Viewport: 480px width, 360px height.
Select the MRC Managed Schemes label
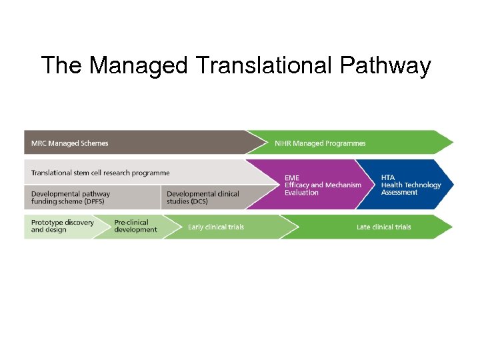(69, 143)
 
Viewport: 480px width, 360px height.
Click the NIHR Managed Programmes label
(320, 143)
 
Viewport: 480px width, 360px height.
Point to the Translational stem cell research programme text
(100, 173)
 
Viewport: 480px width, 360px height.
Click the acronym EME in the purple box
(292, 177)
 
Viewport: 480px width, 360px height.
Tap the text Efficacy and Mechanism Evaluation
(323, 189)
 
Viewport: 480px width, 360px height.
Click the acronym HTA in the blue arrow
(388, 177)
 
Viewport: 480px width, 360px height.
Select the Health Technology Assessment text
(411, 189)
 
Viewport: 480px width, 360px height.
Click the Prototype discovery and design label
(62, 226)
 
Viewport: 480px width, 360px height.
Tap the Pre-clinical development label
(135, 226)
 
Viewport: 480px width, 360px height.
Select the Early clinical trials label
(216, 227)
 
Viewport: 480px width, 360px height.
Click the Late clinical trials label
(383, 227)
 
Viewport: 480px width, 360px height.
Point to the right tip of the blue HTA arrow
(453, 185)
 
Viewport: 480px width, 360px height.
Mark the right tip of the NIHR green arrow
(453, 143)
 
